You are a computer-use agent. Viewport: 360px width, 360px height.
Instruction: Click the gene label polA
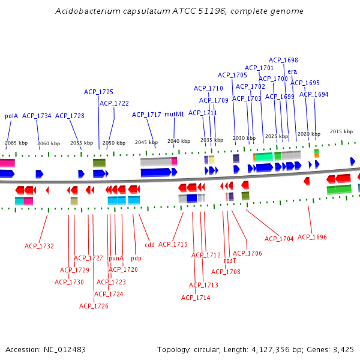pyautogui.click(x=11, y=116)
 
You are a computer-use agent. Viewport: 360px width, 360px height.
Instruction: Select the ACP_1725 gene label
pyautogui.click(x=98, y=92)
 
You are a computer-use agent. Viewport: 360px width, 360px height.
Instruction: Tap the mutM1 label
pyautogui.click(x=175, y=114)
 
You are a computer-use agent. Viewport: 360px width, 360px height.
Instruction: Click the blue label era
pyautogui.click(x=292, y=72)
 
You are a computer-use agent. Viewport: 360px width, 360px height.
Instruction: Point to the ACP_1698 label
pyautogui.click(x=283, y=60)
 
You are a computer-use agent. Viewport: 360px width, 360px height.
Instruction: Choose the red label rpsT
pyautogui.click(x=230, y=261)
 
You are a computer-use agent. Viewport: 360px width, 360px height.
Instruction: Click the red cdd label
pyautogui.click(x=149, y=245)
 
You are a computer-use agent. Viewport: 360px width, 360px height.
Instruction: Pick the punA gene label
pyautogui.click(x=116, y=258)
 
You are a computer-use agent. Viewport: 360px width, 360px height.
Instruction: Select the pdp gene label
pyautogui.click(x=136, y=258)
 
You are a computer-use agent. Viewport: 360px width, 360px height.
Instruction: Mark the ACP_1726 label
pyautogui.click(x=94, y=306)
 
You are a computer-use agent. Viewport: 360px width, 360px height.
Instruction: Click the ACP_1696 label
pyautogui.click(x=312, y=237)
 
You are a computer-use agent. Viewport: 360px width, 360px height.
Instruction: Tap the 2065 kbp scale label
pyautogui.click(x=16, y=143)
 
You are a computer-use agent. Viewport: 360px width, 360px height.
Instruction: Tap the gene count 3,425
pyautogui.click(x=343, y=349)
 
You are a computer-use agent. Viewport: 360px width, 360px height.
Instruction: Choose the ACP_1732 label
pyautogui.click(x=39, y=246)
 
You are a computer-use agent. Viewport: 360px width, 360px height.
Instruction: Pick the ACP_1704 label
pyautogui.click(x=279, y=239)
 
